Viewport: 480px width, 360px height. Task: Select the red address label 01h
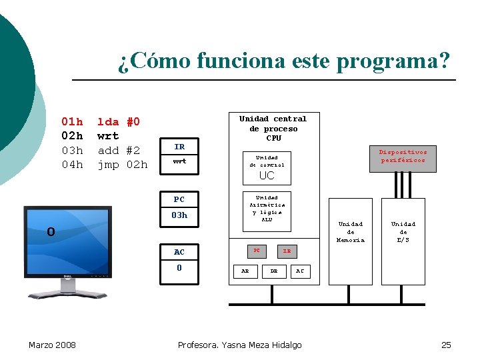click(x=72, y=122)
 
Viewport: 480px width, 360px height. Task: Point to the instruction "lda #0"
click(x=119, y=122)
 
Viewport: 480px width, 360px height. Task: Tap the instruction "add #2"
click(x=119, y=150)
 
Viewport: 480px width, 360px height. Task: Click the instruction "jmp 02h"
click(x=123, y=165)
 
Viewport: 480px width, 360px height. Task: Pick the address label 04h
click(x=72, y=165)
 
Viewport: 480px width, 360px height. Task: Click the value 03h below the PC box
click(x=179, y=215)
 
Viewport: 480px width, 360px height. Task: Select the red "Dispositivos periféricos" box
click(x=403, y=156)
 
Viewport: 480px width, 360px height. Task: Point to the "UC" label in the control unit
click(x=266, y=176)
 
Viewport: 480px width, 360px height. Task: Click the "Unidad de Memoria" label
click(x=351, y=231)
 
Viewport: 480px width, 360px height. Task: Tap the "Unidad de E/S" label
click(x=403, y=231)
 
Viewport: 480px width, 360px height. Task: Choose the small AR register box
click(x=245, y=271)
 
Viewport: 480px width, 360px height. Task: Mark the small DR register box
click(x=273, y=271)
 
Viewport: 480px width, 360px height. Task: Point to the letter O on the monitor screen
click(x=51, y=232)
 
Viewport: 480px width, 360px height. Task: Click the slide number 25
click(x=446, y=345)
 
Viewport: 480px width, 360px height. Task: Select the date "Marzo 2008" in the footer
click(x=52, y=345)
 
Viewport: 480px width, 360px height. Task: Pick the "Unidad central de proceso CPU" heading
click(x=273, y=128)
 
